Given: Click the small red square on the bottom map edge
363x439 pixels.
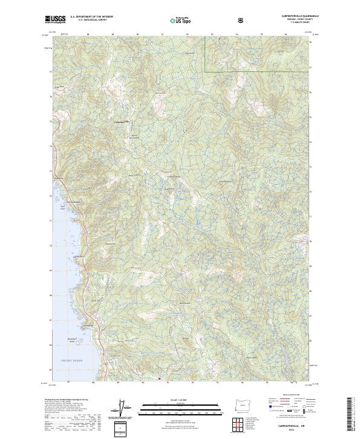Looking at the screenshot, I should coord(159,380).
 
